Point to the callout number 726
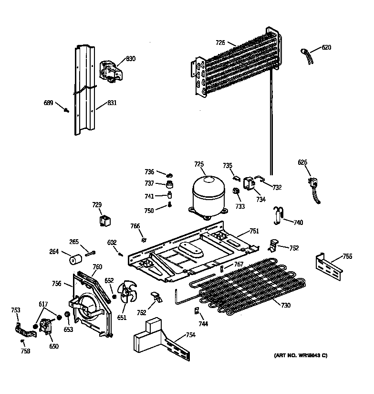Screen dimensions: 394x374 point(220,43)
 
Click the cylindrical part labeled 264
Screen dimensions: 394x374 point(74,261)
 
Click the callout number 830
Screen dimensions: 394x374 point(130,59)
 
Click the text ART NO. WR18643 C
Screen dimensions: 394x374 point(301,355)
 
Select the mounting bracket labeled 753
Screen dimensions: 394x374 point(22,329)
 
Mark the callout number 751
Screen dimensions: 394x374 point(254,231)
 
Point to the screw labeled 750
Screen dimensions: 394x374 point(169,206)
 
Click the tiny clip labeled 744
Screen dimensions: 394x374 point(196,311)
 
